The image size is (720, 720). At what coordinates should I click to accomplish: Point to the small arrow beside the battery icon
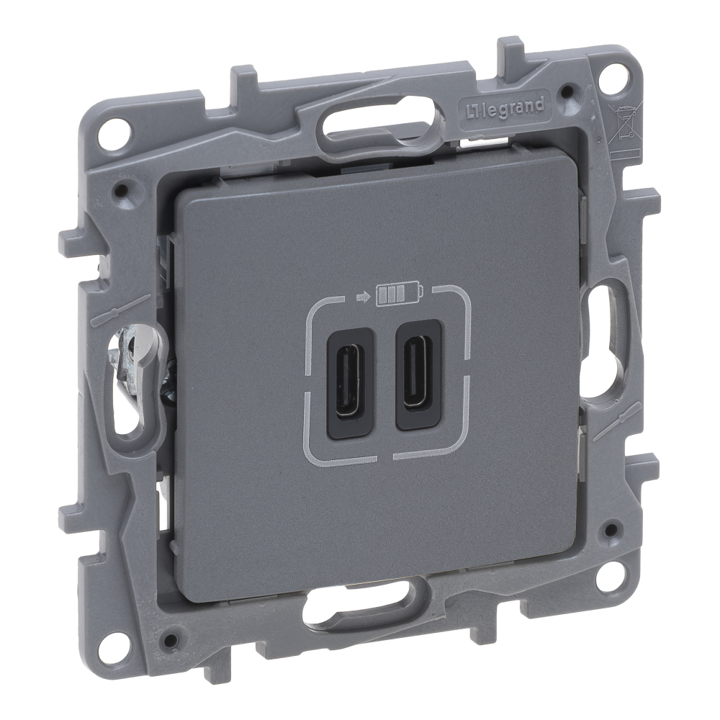click(x=362, y=297)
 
